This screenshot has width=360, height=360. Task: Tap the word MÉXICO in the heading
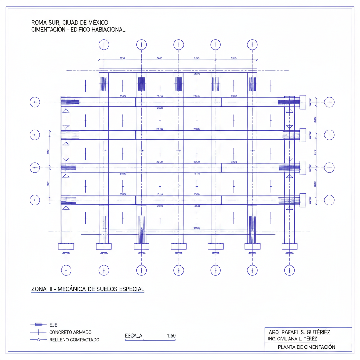(x=96, y=23)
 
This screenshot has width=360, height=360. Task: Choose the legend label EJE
(x=53, y=325)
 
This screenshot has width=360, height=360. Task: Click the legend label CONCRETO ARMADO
(x=70, y=332)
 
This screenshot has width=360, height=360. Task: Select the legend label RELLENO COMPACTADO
(x=74, y=340)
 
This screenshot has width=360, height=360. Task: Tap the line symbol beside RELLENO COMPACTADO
(x=38, y=340)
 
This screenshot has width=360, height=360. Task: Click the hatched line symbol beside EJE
(x=38, y=324)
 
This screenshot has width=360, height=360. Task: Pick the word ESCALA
(x=134, y=336)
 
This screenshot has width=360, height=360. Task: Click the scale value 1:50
(x=171, y=336)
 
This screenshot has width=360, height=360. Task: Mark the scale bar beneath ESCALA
(x=150, y=340)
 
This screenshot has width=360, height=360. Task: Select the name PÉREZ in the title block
(x=309, y=339)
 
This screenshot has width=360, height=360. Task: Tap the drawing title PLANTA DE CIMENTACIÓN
(x=306, y=347)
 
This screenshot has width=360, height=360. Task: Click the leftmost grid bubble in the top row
(x=104, y=45)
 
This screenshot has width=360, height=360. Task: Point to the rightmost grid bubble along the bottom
(x=289, y=270)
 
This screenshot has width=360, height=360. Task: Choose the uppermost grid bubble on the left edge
(x=34, y=102)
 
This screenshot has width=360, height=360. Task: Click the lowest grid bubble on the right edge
(x=329, y=200)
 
